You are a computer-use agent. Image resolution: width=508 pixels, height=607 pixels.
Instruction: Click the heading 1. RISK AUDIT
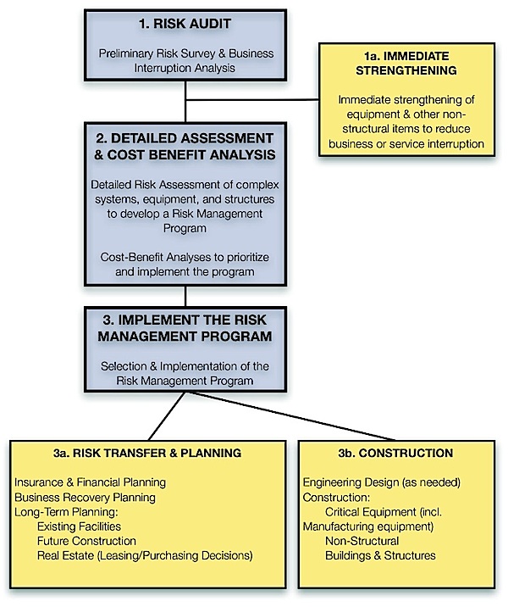pos(185,25)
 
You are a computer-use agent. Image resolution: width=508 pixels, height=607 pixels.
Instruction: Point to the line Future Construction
pos(86,541)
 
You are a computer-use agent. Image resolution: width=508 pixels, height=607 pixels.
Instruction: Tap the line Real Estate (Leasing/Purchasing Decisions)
pos(144,555)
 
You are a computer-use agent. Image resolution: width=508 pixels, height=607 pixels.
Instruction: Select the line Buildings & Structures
pos(380,555)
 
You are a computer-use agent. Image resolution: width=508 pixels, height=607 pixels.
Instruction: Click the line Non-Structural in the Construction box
pos(362,541)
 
